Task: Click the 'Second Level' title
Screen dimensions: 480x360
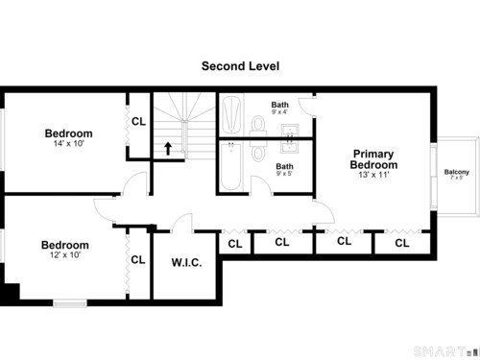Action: click(240, 66)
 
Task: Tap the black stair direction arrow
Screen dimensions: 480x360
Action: click(168, 149)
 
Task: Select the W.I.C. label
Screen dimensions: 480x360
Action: click(186, 263)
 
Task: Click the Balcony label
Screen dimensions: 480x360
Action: click(457, 172)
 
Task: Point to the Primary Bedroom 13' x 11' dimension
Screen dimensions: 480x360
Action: click(373, 175)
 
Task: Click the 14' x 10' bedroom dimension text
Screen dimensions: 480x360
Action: click(68, 143)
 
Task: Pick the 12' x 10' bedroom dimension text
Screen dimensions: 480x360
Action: click(65, 255)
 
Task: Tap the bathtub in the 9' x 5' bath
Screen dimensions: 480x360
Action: click(231, 166)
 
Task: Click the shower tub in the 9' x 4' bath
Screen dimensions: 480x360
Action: click(231, 115)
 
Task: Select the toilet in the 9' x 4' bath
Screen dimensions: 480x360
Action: click(258, 126)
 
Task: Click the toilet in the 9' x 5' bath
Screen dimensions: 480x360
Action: click(258, 151)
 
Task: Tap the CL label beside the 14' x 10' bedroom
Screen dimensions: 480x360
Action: click(138, 122)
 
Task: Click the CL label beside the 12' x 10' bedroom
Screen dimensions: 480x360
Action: click(138, 259)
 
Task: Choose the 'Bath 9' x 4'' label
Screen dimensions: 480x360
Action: click(280, 108)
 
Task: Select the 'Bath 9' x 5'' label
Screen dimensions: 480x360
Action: click(284, 170)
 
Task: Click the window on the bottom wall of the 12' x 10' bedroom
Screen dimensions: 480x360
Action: click(70, 302)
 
